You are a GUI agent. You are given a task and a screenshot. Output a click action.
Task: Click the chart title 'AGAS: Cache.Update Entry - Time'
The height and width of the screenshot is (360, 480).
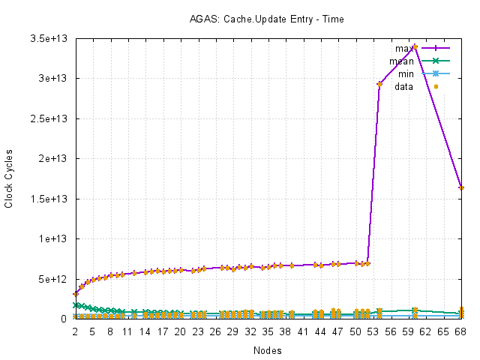point(266,19)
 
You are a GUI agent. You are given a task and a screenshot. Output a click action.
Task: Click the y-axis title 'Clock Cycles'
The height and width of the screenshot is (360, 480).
point(9,179)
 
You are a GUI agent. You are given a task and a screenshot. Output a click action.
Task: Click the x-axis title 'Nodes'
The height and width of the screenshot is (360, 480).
point(268,349)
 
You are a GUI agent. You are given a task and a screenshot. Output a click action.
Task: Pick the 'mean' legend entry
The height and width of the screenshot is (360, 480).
point(401,61)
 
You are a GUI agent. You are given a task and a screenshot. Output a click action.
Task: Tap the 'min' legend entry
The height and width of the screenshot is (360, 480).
point(406,73)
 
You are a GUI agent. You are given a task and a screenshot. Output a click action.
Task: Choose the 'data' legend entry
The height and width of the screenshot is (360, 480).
point(404,86)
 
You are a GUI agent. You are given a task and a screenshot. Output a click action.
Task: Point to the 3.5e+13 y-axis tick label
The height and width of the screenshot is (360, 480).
point(53,38)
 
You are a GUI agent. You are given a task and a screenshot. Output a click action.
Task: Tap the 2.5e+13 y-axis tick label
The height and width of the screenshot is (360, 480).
point(53,118)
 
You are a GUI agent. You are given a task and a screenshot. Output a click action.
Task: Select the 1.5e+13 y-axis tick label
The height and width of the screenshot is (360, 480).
point(53,199)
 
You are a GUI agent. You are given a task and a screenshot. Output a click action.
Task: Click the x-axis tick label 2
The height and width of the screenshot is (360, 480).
point(75,331)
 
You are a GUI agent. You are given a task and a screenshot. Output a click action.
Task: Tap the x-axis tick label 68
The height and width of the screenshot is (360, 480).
point(461,331)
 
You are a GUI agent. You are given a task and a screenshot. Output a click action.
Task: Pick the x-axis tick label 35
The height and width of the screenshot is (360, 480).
point(268,331)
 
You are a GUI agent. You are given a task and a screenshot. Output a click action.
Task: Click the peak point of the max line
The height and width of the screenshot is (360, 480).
point(415,46)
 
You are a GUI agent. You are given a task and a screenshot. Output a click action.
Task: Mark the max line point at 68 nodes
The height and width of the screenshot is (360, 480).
point(461,187)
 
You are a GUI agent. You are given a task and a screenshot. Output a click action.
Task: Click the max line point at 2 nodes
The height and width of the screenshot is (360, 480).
point(75,294)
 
